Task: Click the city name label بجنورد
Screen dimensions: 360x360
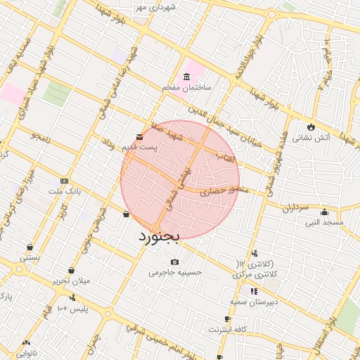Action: [158, 239]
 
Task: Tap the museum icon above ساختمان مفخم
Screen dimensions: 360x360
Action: [186, 77]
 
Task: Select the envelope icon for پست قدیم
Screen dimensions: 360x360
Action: [139, 136]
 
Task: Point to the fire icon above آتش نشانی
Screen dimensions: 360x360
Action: [310, 127]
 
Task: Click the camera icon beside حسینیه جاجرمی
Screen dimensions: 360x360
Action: [174, 262]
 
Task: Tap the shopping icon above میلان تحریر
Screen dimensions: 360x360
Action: [72, 271]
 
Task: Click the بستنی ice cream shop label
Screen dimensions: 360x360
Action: [30, 257]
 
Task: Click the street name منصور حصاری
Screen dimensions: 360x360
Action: [224, 190]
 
